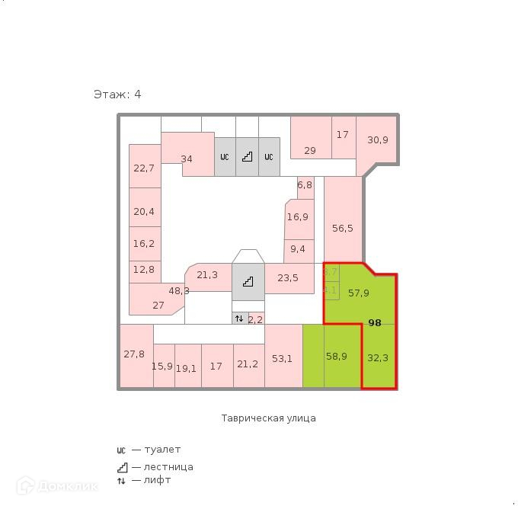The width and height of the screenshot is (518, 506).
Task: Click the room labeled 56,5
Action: click(x=343, y=227)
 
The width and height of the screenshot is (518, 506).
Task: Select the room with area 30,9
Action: click(x=378, y=139)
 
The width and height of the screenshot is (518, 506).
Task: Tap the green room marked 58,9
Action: click(x=336, y=356)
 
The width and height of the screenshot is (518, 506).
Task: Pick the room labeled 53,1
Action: click(x=282, y=358)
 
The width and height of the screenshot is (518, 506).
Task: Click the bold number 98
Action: click(x=375, y=323)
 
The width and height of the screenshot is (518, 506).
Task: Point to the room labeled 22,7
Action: click(x=144, y=168)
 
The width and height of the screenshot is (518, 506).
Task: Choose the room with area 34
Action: click(x=187, y=159)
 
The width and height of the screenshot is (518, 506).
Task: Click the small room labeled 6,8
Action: click(x=305, y=185)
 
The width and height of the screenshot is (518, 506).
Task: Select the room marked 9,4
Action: click(x=298, y=248)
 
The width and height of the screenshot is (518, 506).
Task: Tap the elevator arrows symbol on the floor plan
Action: click(x=239, y=319)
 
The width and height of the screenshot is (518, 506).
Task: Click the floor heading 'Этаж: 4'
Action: click(x=117, y=94)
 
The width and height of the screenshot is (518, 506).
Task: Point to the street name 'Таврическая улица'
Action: click(x=268, y=418)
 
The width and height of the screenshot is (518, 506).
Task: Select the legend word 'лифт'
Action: click(x=158, y=480)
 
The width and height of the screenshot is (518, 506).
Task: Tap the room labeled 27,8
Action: click(x=134, y=354)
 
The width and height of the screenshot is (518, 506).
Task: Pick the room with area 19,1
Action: click(x=187, y=367)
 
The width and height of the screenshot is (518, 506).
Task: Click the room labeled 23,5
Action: click(x=288, y=278)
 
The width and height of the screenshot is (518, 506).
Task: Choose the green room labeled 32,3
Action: click(x=378, y=357)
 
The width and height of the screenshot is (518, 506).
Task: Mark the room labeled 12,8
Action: click(x=143, y=269)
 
